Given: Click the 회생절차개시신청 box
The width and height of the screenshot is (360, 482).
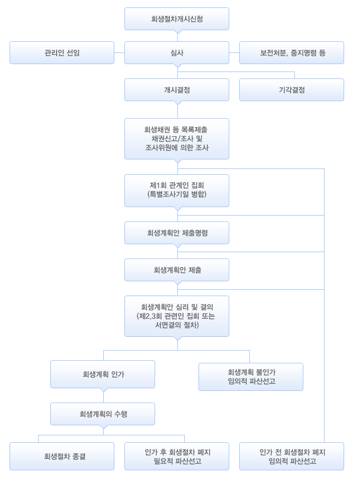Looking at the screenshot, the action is point(177,19).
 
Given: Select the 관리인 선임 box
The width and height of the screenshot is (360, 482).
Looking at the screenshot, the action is point(62,52).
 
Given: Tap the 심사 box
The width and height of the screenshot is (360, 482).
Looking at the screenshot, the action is point(177,52).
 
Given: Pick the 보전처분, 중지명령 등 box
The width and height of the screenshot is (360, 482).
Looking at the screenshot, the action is point(292,52).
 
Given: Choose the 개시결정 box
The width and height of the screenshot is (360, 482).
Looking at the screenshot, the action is point(177,90).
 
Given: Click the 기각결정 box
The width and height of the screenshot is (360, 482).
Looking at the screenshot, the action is point(292,90).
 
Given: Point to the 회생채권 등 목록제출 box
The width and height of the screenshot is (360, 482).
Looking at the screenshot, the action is point(177,139).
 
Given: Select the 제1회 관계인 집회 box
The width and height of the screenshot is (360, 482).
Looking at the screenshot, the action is point(177,191).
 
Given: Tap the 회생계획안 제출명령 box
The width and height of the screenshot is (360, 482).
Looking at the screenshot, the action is point(177,233).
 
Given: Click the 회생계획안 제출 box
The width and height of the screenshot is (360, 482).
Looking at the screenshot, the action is point(177,270).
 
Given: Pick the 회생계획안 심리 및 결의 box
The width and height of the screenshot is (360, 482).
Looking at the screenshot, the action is point(177,316).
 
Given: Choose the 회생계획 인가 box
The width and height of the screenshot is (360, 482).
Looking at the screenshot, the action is point(103,374).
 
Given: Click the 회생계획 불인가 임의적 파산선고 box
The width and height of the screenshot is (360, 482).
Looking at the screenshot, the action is point(251,377).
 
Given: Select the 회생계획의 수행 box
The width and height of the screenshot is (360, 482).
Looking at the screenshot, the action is point(103,414).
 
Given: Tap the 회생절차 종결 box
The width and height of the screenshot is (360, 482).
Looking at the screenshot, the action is point(62,456).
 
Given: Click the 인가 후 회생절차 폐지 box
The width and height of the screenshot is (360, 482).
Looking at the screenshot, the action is point(177,456).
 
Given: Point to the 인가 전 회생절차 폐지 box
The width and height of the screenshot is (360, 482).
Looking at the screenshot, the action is point(292,456).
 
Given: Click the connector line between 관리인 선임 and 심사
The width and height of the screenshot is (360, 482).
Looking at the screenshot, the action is point(119,52).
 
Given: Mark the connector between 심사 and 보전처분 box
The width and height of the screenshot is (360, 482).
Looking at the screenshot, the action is point(234,52).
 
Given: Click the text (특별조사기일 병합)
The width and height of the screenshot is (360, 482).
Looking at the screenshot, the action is point(177,194).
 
